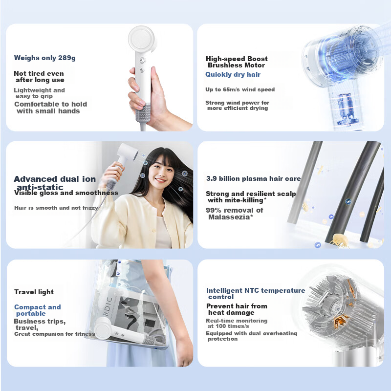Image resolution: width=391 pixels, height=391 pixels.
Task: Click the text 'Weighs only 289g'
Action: (44, 58)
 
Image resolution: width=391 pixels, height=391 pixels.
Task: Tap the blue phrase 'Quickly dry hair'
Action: (233, 75)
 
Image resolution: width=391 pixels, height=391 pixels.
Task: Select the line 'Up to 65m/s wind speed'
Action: (239, 90)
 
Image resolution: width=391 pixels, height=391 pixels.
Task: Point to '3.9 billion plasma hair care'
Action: (253, 179)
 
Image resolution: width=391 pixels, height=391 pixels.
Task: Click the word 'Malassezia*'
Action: (230, 217)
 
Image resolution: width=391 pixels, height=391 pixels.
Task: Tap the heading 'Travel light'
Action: (34, 292)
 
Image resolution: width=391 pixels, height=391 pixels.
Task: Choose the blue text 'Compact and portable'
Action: (37, 310)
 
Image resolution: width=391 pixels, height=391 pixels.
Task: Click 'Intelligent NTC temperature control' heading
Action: (255, 293)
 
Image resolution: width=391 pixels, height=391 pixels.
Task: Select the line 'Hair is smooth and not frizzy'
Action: (56, 208)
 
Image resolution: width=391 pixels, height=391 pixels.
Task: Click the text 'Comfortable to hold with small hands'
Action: (50, 108)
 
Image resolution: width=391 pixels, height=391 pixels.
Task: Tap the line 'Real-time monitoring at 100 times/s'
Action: (237, 324)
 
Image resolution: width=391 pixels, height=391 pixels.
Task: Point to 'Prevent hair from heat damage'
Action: (237, 309)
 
